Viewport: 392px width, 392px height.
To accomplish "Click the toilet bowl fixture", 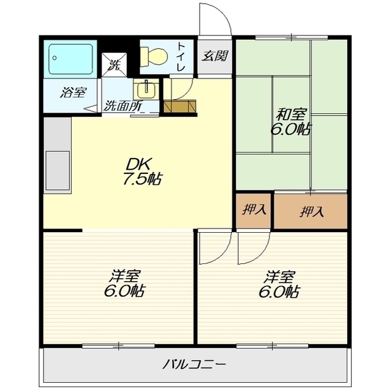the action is [154, 57].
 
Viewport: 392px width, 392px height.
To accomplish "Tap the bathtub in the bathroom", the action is [71, 59].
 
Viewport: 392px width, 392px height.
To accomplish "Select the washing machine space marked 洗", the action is [115, 64].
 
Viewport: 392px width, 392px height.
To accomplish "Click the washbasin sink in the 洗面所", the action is [146, 89].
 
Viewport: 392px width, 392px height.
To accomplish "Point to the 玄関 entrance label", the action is [215, 56].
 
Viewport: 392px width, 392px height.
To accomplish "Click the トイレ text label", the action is [181, 57].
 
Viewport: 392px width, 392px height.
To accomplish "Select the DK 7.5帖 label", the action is [143, 171].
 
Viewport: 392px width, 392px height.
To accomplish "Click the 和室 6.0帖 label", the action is [290, 122].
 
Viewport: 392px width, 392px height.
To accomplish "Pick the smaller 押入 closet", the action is [254, 209].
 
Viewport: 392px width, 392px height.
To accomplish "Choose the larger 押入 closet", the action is [311, 211].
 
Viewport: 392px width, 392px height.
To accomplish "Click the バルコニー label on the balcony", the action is [194, 364].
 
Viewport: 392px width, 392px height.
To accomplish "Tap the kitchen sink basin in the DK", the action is [58, 170].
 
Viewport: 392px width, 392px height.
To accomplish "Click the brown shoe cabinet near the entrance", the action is [179, 106].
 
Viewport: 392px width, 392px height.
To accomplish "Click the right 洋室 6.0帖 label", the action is [279, 284].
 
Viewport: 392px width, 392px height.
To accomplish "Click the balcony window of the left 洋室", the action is [118, 345].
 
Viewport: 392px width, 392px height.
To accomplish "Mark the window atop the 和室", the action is [292, 37].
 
